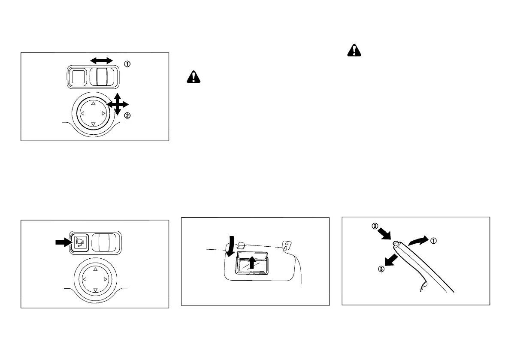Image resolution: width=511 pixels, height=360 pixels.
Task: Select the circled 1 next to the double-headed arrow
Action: (x=127, y=64)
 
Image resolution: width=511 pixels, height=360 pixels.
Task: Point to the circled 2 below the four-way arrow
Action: (x=127, y=115)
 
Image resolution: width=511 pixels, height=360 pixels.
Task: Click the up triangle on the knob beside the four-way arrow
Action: (x=94, y=103)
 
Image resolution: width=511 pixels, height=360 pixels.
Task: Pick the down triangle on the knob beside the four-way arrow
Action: (x=94, y=124)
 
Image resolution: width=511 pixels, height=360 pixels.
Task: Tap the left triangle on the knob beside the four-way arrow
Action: (x=83, y=114)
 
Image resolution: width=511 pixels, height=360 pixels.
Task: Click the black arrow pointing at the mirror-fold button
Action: (x=63, y=242)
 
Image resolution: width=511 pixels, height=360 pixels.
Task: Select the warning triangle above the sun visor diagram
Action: (x=194, y=77)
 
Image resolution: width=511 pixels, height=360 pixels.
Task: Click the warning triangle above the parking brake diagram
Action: (x=354, y=50)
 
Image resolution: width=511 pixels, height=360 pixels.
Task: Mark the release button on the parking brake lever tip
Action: (x=395, y=243)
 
